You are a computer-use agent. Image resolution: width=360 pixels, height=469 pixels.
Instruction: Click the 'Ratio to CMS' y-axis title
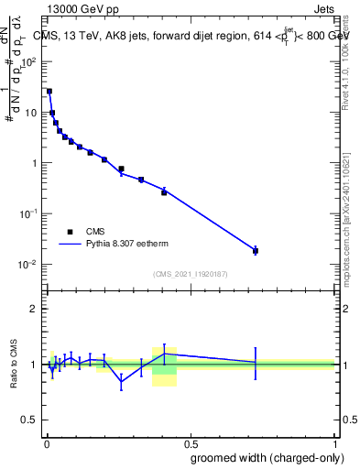(15, 365)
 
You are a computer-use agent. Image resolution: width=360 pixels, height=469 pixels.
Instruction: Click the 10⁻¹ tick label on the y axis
(30, 213)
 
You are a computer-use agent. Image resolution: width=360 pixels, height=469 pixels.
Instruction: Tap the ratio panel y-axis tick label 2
(34, 309)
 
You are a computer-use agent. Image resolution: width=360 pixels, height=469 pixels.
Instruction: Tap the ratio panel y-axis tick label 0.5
(30, 420)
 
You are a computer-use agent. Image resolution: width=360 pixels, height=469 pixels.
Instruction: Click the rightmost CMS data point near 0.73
(256, 250)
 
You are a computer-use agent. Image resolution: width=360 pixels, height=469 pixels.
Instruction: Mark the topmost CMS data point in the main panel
(49, 92)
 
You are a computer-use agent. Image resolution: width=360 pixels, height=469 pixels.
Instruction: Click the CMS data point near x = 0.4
(164, 192)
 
